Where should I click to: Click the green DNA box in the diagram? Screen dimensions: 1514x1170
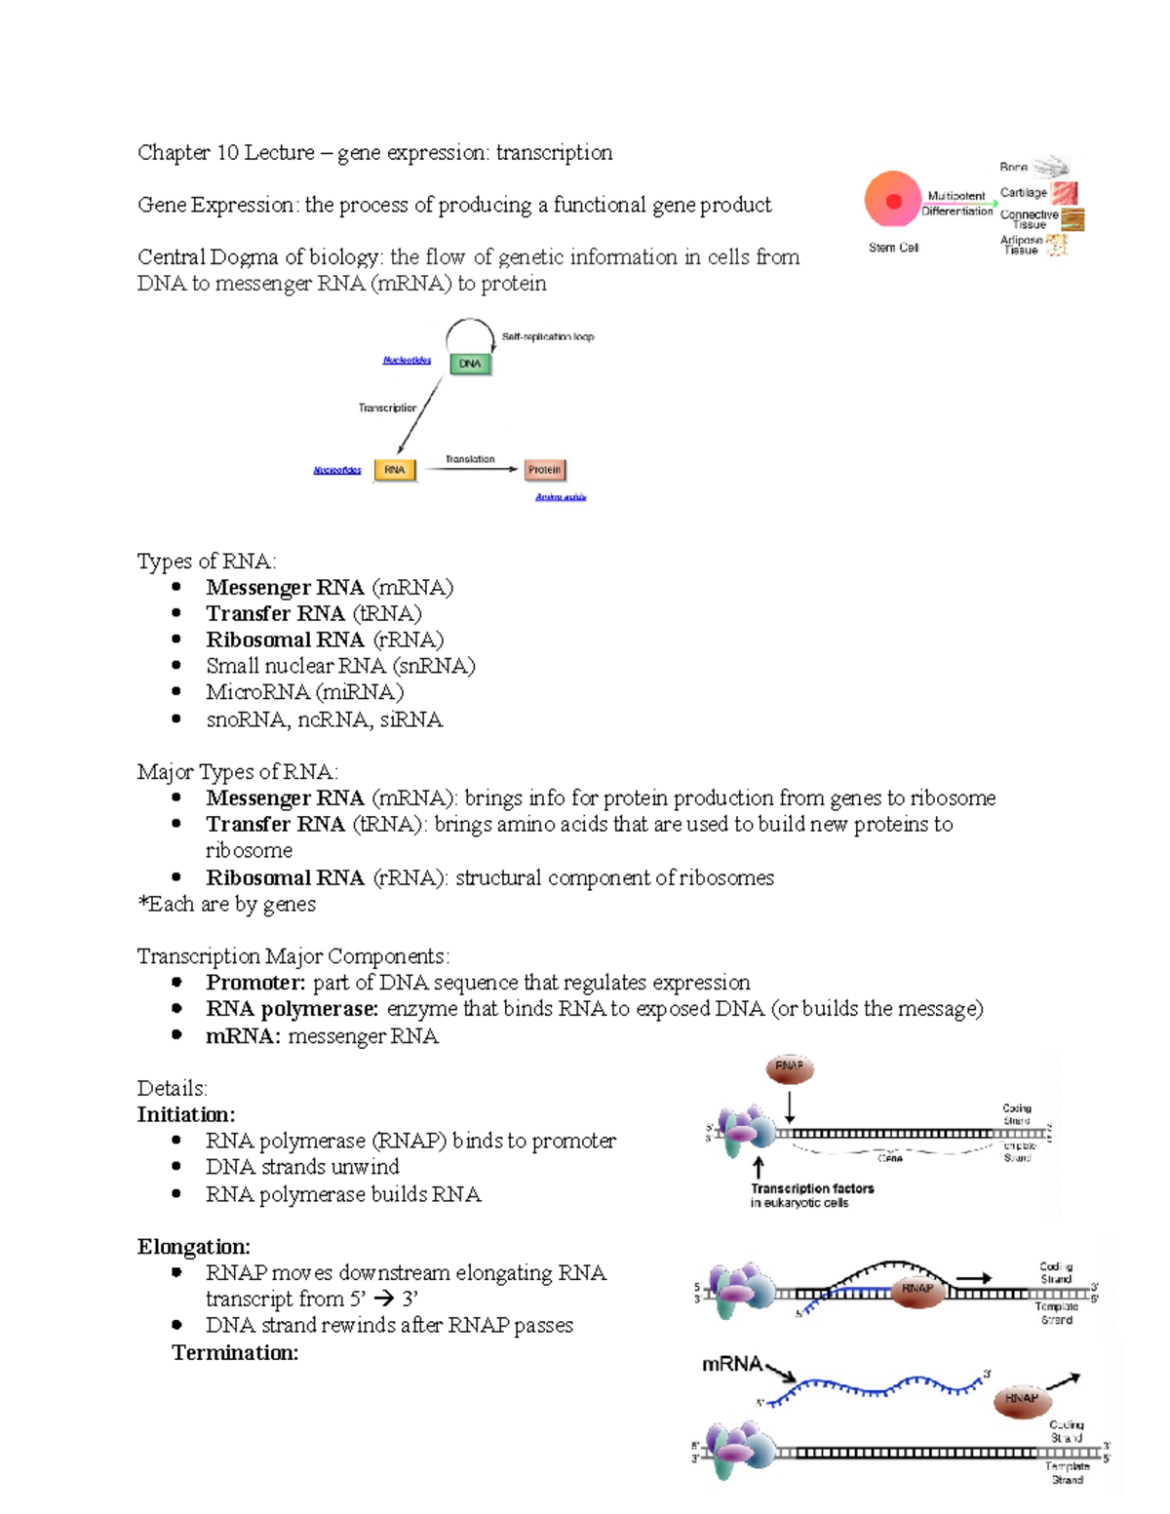(x=470, y=364)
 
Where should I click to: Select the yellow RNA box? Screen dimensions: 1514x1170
(x=394, y=470)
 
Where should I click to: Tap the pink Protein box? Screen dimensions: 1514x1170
(x=544, y=470)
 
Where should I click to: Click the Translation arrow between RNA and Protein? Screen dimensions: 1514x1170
(x=472, y=469)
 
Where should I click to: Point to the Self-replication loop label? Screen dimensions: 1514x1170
(x=547, y=337)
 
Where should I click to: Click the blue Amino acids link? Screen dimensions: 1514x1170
(x=561, y=497)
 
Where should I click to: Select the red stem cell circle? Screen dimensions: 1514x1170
(x=892, y=200)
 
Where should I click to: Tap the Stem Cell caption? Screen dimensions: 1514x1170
(x=893, y=248)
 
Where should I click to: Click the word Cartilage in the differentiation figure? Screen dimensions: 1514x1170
(x=1023, y=193)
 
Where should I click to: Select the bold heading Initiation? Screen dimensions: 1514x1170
(x=185, y=1114)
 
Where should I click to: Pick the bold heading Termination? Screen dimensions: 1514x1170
(x=235, y=1353)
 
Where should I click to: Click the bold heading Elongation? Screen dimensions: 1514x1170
(x=193, y=1247)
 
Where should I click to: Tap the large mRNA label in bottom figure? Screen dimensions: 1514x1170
(x=732, y=1364)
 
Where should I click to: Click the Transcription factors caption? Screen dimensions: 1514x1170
(x=811, y=1189)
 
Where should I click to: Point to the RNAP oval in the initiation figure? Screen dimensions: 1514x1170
(x=790, y=1068)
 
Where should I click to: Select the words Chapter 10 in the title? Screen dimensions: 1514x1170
(x=188, y=153)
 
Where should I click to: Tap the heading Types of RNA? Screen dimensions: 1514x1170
(x=207, y=562)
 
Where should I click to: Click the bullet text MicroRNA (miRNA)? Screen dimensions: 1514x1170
(x=304, y=692)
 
